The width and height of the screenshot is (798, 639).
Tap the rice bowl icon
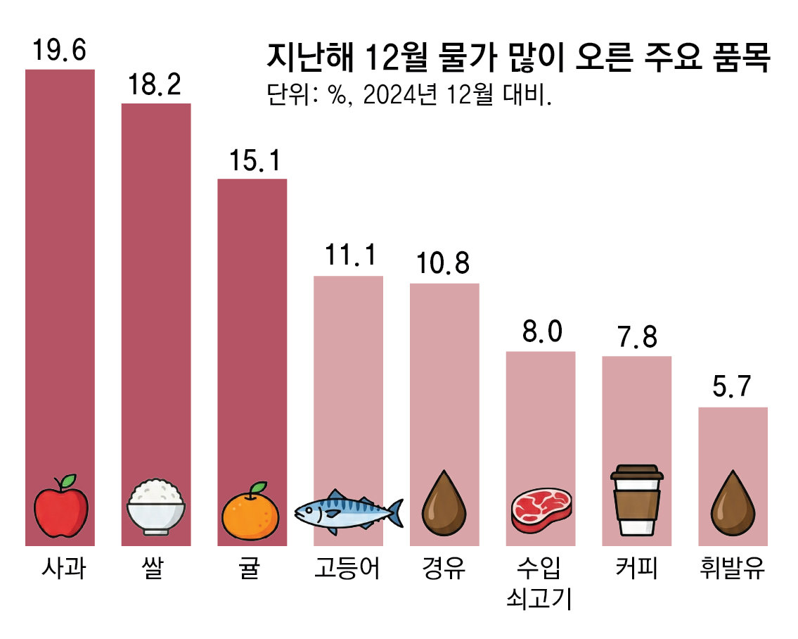(156, 507)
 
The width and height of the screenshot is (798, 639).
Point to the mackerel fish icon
(348, 510)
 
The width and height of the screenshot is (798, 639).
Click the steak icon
(541, 510)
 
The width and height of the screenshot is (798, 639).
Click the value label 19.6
(59, 51)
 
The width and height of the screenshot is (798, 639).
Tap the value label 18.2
(155, 85)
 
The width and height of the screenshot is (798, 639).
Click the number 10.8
(443, 264)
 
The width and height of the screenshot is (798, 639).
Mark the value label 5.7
(732, 388)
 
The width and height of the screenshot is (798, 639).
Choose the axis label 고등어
(348, 569)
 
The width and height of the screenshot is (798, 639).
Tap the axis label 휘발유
(733, 569)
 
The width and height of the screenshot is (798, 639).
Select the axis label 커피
(636, 569)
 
